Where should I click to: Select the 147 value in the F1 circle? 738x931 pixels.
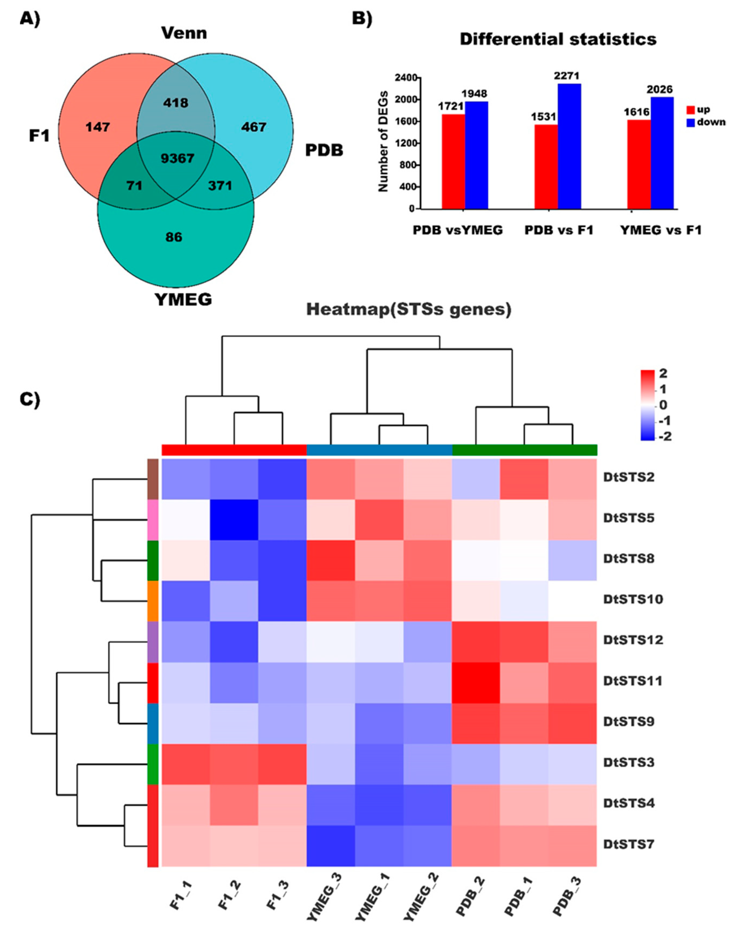pyautogui.click(x=98, y=127)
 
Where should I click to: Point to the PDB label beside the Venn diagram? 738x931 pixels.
pyautogui.click(x=324, y=150)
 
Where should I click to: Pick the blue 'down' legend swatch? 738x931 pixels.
pyautogui.click(x=691, y=123)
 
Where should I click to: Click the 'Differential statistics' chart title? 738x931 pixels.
pyautogui.click(x=558, y=39)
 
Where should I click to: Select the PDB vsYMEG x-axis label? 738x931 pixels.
pyautogui.click(x=458, y=230)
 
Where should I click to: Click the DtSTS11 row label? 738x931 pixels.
pyautogui.click(x=633, y=681)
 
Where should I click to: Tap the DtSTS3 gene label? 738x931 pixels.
pyautogui.click(x=629, y=762)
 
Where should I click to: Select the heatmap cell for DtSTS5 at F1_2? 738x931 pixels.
pyautogui.click(x=234, y=518)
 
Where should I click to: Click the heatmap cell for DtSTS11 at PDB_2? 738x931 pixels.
pyautogui.click(x=476, y=681)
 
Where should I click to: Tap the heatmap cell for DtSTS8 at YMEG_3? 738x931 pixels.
pyautogui.click(x=331, y=558)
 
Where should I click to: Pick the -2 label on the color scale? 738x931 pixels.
pyautogui.click(x=664, y=437)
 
